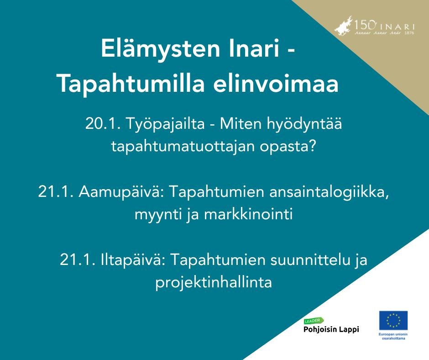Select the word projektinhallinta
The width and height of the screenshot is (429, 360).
(x=214, y=282)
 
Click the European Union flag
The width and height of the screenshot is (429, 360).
(x=393, y=320)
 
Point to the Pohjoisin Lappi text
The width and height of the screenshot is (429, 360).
(x=331, y=329)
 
